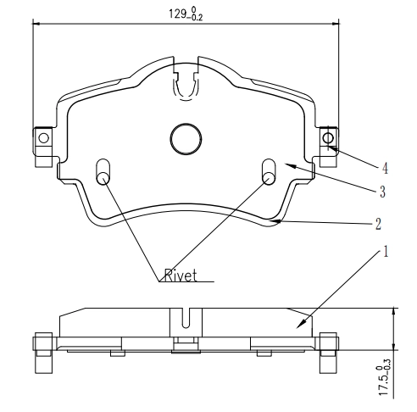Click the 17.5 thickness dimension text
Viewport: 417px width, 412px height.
pyautogui.click(x=385, y=379)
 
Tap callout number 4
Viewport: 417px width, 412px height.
pyautogui.click(x=385, y=169)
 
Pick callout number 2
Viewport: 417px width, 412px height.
pyautogui.click(x=378, y=225)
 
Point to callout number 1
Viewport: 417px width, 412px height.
pyautogui.click(x=385, y=252)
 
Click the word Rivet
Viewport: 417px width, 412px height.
pyautogui.click(x=179, y=276)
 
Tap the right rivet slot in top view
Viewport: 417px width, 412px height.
pyautogui.click(x=268, y=170)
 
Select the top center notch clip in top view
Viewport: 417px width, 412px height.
pyautogui.click(x=184, y=85)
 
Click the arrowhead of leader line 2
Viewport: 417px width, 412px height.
pyautogui.click(x=280, y=220)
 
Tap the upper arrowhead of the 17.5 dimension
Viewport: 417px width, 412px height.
pyautogui.click(x=393, y=311)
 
